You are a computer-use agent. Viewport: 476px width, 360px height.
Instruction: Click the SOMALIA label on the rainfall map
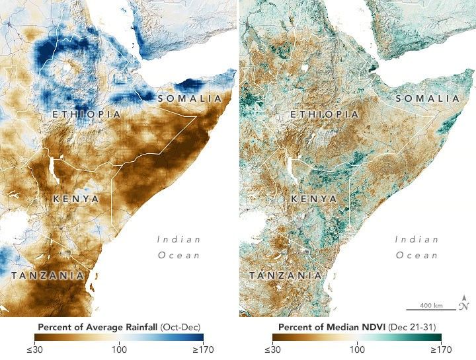pos(190,98)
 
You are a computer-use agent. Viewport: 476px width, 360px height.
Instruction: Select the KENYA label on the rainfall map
pos(75,198)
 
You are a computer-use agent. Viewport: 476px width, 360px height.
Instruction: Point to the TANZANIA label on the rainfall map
pos(47,275)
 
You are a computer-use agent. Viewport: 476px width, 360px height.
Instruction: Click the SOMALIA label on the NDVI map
pos(428,98)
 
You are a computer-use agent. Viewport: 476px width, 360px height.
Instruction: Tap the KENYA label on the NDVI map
pos(313,198)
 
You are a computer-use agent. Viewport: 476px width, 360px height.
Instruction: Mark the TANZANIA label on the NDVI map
pos(285,275)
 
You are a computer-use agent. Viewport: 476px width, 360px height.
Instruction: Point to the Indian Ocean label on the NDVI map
pos(417,246)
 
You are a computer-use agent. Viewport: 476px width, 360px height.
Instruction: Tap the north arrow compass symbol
pos(465,303)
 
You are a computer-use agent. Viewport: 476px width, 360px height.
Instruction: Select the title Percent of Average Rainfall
pos(119,326)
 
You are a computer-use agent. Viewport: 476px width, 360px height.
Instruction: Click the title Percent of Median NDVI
pos(357,326)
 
